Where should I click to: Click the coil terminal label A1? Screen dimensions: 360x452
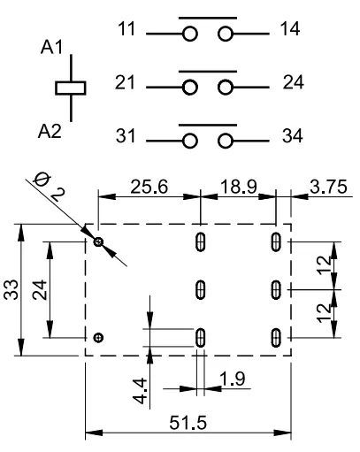point(52,47)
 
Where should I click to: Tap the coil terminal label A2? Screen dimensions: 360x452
point(50,131)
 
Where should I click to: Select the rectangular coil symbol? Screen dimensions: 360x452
point(71,88)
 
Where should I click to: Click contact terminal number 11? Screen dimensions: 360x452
point(126,29)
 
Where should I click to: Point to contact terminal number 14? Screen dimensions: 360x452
point(290,29)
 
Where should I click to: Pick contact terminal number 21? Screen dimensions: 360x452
point(125,82)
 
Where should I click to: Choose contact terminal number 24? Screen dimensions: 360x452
point(294,82)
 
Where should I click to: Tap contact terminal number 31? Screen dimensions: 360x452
point(126,135)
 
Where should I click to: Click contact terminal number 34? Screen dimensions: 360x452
point(293,135)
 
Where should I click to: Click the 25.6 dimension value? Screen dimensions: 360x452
point(149,187)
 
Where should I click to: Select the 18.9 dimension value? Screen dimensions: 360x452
point(239,187)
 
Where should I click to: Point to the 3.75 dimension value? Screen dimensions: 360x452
point(328,187)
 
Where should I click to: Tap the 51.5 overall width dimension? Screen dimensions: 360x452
point(188,423)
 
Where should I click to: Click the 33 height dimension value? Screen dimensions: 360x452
point(11,289)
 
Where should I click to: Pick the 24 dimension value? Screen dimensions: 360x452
point(40,290)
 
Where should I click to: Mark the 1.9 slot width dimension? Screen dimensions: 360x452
point(233,379)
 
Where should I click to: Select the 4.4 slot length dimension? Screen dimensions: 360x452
point(140,391)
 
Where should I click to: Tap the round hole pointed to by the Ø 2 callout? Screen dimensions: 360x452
point(98,242)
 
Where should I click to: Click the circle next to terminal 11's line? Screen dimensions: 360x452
point(189,34)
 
